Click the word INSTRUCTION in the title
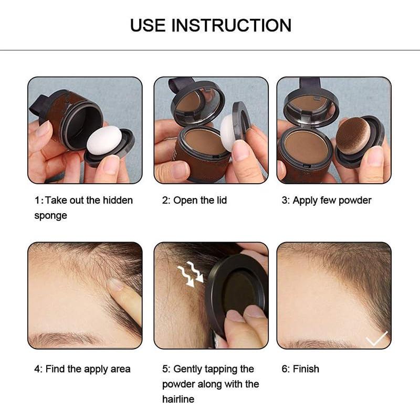tap(232, 25)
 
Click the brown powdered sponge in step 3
tap(353, 135)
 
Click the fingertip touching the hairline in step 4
tap(117, 287)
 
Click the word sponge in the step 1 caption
tap(50, 216)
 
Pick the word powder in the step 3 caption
tap(354, 201)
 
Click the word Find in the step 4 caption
tap(55, 369)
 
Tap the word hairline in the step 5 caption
tap(178, 399)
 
